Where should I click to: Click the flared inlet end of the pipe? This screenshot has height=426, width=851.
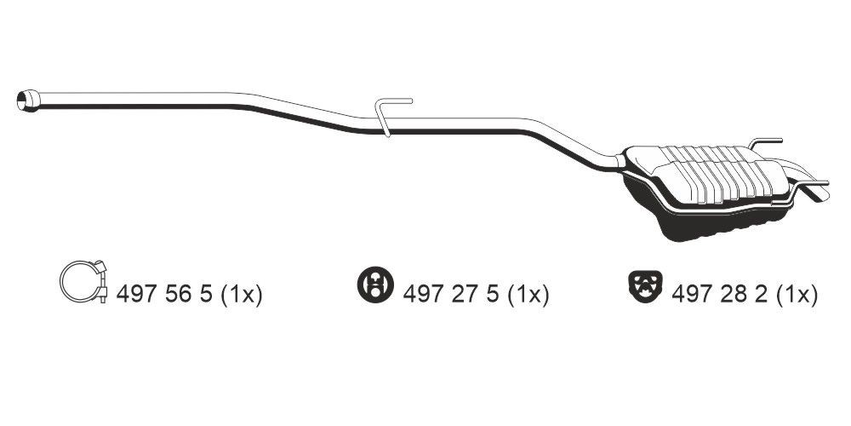[28, 100]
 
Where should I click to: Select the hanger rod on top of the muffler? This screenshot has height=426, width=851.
[765, 142]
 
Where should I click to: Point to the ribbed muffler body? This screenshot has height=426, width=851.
[710, 173]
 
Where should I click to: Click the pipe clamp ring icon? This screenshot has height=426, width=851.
[83, 281]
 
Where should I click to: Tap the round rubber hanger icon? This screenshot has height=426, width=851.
[375, 285]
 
